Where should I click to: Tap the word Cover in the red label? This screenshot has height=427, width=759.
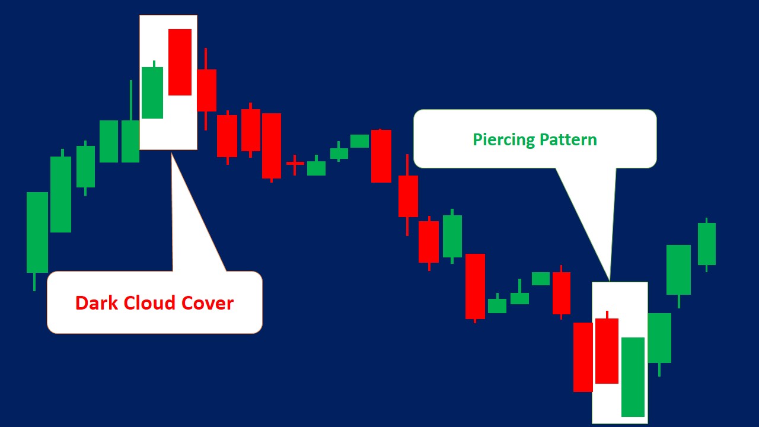pos(207,303)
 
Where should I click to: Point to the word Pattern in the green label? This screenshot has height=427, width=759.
pos(568,140)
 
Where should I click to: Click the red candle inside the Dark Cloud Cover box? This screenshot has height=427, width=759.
pos(180,62)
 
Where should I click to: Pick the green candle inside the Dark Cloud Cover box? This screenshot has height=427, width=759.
pos(152,93)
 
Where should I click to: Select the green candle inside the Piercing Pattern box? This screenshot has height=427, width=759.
pos(633,377)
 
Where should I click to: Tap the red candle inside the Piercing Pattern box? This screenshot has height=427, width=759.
pos(607,350)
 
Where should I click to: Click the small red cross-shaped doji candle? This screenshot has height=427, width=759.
pos(295,163)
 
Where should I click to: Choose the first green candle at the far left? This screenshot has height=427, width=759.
pos(37,232)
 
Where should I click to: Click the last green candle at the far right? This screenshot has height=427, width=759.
pos(706,244)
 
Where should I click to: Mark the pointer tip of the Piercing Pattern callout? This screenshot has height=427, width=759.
pos(610,281)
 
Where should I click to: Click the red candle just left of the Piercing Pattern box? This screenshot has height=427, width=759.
pos(583,356)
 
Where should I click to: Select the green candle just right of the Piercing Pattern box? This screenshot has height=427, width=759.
pos(659,337)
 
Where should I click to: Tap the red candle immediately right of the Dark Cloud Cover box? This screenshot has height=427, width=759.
pos(206,90)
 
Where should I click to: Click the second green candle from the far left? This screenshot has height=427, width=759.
pos(60,194)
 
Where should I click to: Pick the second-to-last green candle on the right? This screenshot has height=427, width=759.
pos(678,269)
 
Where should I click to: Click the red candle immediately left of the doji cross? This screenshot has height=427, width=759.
pos(272,145)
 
